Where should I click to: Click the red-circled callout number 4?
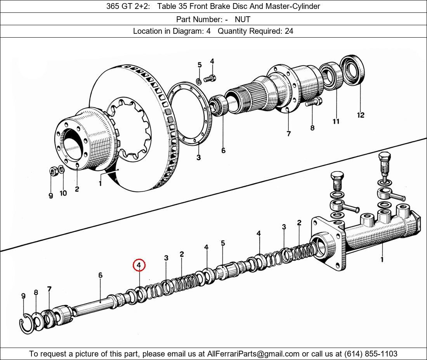click(x=139, y=265)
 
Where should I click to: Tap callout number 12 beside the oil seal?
click(x=361, y=115)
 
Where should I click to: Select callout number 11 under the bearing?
click(x=336, y=121)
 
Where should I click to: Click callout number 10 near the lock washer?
click(x=63, y=193)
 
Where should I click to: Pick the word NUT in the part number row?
click(x=242, y=19)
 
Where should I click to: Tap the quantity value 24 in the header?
click(x=289, y=31)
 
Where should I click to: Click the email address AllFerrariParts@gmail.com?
click(x=253, y=354)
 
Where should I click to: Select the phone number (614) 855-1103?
click(x=371, y=354)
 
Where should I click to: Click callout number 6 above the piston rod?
click(x=100, y=275)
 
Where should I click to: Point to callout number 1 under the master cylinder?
click(x=382, y=259)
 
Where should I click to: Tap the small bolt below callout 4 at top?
click(x=210, y=79)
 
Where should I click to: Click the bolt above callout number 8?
click(x=314, y=102)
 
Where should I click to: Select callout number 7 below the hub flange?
click(x=289, y=133)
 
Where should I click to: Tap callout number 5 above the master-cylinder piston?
click(x=223, y=243)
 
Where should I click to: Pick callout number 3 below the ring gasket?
click(x=198, y=157)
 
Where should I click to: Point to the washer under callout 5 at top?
click(x=199, y=81)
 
